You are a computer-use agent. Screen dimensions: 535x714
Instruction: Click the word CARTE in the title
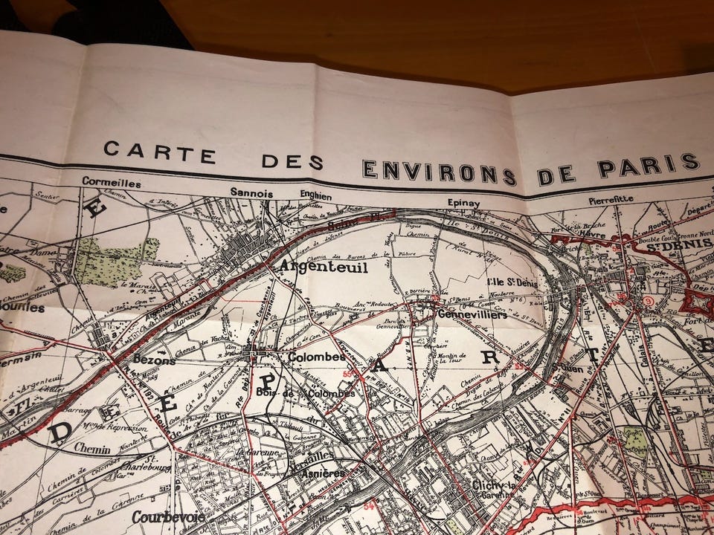point(159,152)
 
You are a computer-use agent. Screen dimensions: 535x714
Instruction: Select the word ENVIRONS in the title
point(439,171)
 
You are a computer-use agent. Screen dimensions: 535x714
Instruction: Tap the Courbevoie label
point(168,516)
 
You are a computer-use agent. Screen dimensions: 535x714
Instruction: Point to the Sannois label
point(251,192)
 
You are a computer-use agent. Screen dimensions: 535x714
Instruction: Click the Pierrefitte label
point(611,199)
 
